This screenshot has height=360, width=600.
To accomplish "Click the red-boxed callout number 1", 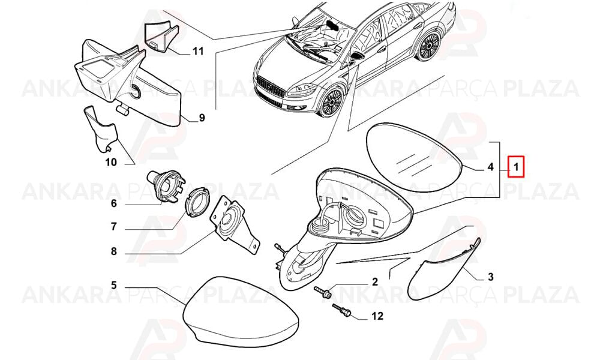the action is click(x=515, y=167).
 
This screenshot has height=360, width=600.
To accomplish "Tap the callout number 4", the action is click(x=491, y=167).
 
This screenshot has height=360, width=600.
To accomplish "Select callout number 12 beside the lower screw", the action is click(x=377, y=316).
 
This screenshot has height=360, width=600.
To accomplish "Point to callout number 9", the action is click(x=202, y=118).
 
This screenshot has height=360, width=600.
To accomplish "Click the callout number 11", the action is click(x=198, y=50).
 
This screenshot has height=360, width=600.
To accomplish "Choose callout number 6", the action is click(x=113, y=203).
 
